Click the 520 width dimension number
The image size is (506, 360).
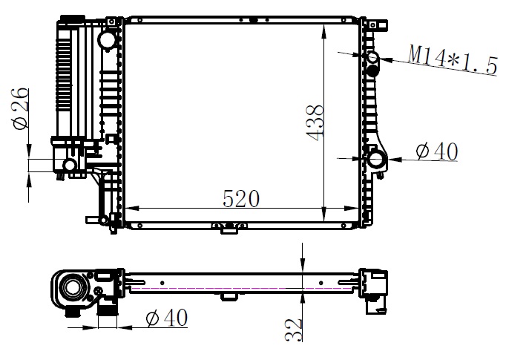point(241,198)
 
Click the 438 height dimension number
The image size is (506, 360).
point(314,122)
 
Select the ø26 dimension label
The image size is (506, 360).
point(20,108)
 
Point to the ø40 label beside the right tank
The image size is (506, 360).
point(436,151)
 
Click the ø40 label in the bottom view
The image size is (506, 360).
point(166,317)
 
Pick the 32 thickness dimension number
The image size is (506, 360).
point(293,330)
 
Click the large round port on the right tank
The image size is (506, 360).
point(376,159)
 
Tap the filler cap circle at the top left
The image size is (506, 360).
point(107,39)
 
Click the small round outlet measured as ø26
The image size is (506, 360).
point(70,165)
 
